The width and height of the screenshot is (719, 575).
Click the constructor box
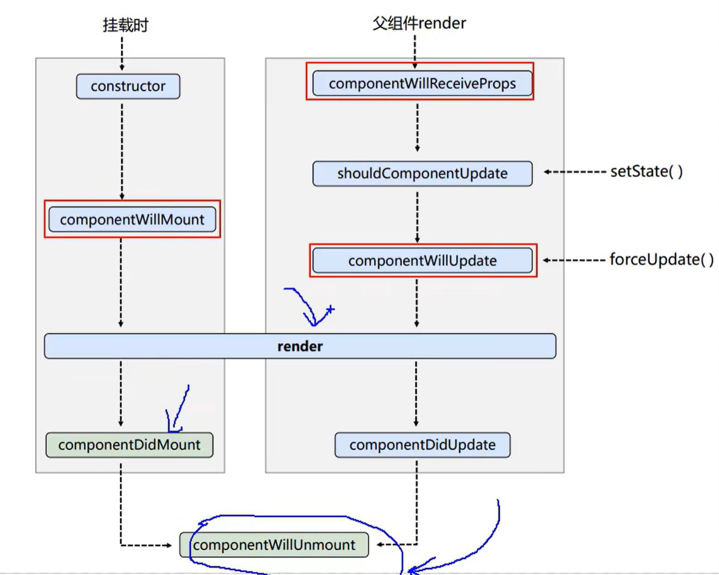click(128, 86)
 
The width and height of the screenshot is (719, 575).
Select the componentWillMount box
click(132, 219)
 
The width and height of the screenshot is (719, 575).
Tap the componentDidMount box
click(129, 445)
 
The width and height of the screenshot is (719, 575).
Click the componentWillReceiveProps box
click(422, 83)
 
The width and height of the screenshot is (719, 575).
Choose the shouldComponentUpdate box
click(422, 173)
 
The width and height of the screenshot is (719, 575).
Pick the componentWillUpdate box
click(422, 260)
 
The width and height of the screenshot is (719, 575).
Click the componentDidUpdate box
click(422, 445)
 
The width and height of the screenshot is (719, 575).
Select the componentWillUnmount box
click(274, 545)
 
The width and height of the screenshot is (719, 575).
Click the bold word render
click(300, 346)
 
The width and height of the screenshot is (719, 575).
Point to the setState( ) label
click(647, 172)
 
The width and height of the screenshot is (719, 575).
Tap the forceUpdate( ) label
click(661, 259)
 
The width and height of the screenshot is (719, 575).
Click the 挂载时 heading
click(125, 25)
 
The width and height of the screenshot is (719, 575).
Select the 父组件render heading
click(419, 23)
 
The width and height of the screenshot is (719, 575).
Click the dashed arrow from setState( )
click(575, 172)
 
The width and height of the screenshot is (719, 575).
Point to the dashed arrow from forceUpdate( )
click(574, 260)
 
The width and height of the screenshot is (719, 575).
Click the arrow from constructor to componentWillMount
click(122, 152)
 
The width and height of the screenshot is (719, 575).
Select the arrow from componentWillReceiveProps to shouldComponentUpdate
click(417, 128)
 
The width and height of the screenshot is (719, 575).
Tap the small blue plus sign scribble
click(330, 309)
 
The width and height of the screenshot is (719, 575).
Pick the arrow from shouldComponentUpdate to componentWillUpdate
click(417, 217)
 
